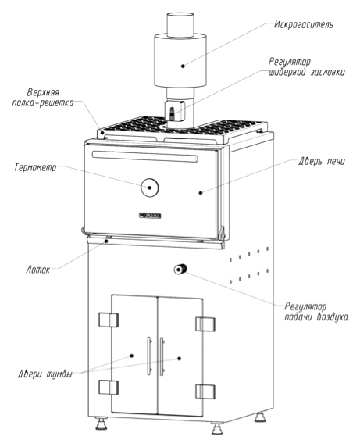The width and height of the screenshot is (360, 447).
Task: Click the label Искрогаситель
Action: tap(303, 24)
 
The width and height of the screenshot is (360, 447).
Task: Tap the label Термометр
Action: tap(35, 167)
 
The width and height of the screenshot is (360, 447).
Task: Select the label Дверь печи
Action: tap(322, 161)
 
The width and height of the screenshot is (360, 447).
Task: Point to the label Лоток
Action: tap(38, 270)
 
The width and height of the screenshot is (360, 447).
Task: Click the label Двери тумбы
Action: tap(45, 374)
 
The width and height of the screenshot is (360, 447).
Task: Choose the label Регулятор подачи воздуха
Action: tap(316, 312)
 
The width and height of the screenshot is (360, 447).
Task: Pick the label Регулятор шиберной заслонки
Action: tap(307, 66)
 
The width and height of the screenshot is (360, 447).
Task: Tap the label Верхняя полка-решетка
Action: tap(43, 98)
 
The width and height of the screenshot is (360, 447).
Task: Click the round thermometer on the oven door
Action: tap(149, 188)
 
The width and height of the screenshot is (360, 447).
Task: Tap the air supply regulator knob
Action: tap(180, 269)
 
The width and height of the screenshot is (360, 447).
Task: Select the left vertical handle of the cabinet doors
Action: tap(149, 356)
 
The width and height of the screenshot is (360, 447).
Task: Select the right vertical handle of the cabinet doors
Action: tap(162, 356)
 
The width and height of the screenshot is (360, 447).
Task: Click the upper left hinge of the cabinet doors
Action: tap(109, 320)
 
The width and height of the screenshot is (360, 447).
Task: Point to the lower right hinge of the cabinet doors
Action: tap(205, 392)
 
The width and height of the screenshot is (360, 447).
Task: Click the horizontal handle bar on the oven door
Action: tap(145, 156)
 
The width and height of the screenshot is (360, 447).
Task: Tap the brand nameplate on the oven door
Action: tap(150, 216)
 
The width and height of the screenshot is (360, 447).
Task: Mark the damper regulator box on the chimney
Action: tap(175, 112)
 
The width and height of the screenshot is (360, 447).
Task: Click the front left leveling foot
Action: tap(101, 423)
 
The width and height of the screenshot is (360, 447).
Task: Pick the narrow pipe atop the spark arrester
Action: tap(180, 24)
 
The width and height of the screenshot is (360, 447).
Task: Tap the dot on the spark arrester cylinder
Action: tap(183, 66)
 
